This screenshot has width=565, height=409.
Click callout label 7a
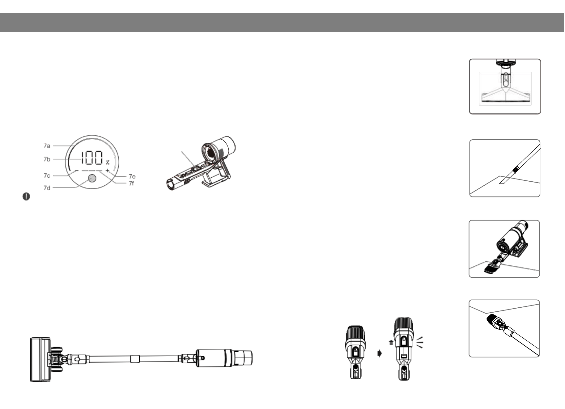[47, 146]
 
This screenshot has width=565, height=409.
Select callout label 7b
[47, 159]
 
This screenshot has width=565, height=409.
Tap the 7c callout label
[47, 176]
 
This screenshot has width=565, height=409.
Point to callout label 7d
[47, 188]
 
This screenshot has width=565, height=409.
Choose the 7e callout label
[132, 177]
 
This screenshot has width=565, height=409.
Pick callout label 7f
[131, 183]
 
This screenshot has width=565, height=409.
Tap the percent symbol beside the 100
[108, 162]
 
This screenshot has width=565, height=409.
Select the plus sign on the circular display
[107, 171]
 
